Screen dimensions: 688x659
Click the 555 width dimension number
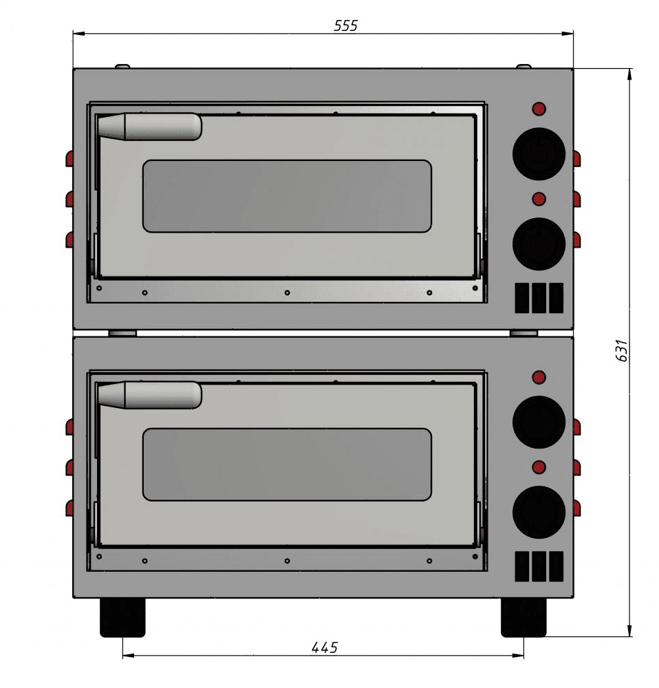(x=345, y=26)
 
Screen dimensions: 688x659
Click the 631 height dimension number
(x=621, y=351)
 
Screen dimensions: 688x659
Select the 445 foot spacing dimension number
(x=325, y=647)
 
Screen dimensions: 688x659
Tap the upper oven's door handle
(x=149, y=127)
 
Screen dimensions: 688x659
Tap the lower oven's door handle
(x=149, y=395)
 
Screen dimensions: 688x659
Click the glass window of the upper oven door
(x=287, y=196)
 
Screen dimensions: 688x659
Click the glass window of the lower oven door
(x=287, y=464)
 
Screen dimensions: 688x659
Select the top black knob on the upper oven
(x=539, y=153)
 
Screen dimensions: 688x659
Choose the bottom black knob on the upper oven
(x=539, y=244)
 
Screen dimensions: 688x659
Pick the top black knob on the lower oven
(x=539, y=422)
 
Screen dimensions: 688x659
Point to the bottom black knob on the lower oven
(x=539, y=512)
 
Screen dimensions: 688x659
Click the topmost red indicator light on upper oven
(x=539, y=109)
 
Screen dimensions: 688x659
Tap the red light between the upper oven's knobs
(x=539, y=199)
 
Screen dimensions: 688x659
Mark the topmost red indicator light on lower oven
(x=539, y=377)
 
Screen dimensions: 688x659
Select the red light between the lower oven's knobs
(x=539, y=467)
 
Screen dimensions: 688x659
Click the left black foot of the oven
(x=123, y=616)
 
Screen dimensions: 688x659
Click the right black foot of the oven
(x=523, y=616)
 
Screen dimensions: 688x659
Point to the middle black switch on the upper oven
(x=539, y=297)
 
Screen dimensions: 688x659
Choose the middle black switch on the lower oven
(x=539, y=566)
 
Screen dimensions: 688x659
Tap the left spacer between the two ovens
(x=123, y=333)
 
